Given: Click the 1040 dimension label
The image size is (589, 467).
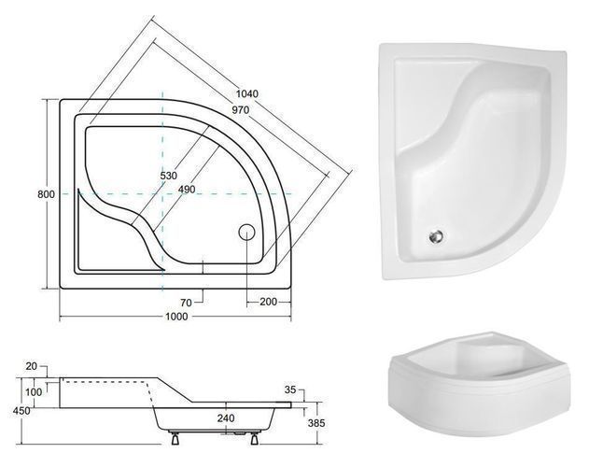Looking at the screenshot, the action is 247,93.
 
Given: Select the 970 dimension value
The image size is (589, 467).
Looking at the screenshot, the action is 241,110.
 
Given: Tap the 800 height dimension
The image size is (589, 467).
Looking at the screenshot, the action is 46,194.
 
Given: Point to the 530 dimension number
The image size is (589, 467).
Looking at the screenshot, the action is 169,176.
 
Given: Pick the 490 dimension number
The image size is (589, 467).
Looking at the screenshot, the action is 187,190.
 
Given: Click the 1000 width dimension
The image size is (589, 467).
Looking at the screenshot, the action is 176,317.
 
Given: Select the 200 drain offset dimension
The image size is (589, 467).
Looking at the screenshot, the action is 268,302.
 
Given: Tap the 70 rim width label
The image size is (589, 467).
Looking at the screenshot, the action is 186,303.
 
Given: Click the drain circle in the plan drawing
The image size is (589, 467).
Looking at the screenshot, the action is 246,232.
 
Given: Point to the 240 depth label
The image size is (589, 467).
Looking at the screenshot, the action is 226,417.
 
